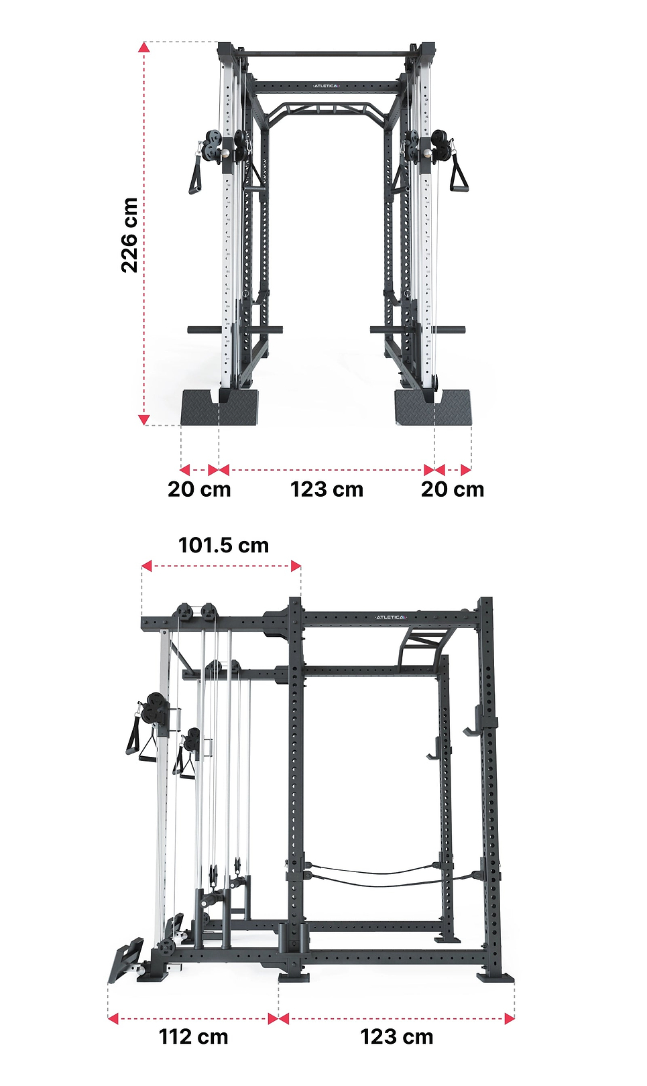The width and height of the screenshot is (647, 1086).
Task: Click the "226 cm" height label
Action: [129, 235]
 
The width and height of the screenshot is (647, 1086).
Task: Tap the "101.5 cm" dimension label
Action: [223, 545]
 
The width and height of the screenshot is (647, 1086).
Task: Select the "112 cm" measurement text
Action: [193, 1036]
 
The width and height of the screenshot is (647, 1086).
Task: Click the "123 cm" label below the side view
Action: [397, 1036]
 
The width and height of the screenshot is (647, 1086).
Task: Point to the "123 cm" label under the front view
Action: [327, 489]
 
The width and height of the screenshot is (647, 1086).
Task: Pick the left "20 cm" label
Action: [199, 489]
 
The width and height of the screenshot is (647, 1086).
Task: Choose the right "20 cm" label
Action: [453, 489]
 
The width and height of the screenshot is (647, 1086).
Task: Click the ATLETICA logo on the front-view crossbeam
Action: [327, 86]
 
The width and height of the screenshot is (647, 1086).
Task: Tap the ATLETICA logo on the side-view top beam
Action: [390, 617]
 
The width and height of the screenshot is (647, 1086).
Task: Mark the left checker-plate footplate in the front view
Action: [219, 408]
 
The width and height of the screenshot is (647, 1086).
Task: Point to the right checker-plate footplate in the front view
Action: [434, 408]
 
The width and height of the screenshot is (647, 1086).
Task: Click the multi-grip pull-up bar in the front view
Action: [327, 107]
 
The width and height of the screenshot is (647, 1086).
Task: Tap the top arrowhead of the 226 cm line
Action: [143, 46]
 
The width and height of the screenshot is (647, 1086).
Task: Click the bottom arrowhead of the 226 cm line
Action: [143, 420]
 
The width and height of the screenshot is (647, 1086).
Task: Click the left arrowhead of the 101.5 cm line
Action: [146, 566]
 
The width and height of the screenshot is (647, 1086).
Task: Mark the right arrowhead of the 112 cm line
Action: [274, 1019]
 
